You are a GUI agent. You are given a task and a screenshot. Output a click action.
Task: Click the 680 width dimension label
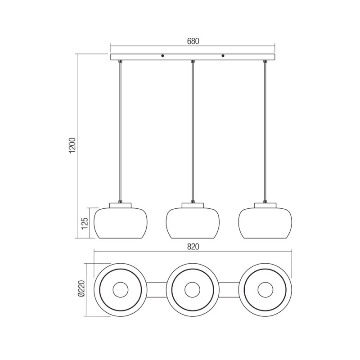[193, 41]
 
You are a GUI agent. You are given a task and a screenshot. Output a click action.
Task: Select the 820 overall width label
[193, 247]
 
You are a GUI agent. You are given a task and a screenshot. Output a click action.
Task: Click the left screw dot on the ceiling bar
[162, 57]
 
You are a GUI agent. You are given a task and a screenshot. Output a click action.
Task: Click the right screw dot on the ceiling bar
[223, 57]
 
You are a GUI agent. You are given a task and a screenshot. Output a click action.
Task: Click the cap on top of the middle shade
[193, 205]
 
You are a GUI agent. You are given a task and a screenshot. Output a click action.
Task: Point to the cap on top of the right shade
[265, 205]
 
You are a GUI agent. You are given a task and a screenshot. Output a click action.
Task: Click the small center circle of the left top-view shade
[120, 289]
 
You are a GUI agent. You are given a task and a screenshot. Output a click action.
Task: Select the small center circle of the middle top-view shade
[192, 289]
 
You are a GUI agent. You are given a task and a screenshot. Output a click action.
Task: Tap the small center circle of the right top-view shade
[265, 289]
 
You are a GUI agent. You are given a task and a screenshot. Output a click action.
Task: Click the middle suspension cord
[193, 130]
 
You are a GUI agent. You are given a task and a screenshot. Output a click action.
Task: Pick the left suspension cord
[120, 130]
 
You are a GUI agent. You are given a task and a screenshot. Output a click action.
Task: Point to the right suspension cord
[265, 130]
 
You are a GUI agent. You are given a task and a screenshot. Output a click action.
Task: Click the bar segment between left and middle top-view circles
[156, 289]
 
